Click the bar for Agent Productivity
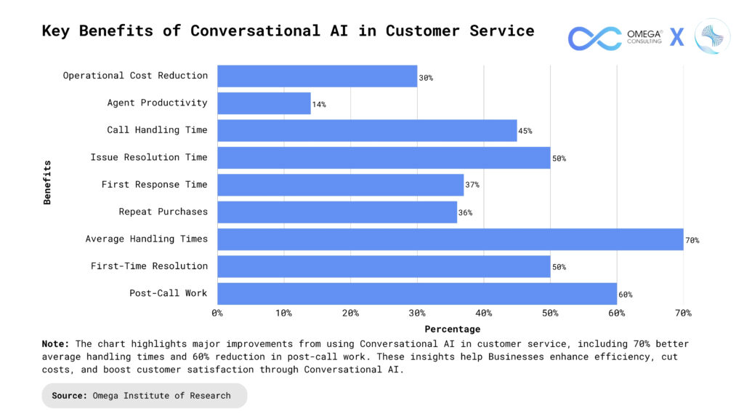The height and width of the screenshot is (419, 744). (264, 103)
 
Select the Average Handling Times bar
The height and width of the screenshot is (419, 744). (450, 239)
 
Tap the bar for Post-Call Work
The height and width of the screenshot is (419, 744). (416, 293)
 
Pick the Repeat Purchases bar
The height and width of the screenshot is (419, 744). (337, 212)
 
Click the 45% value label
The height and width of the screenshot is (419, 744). (525, 132)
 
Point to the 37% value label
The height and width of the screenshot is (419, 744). (472, 185)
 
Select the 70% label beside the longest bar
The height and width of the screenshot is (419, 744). (692, 240)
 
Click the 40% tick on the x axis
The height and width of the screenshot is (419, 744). (483, 313)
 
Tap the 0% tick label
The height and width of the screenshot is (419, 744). (217, 313)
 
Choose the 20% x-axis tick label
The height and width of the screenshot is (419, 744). (350, 313)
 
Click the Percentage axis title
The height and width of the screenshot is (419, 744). (452, 329)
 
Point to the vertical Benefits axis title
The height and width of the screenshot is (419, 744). (47, 183)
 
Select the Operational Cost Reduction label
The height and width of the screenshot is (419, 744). (135, 76)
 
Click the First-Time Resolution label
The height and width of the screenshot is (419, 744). (149, 266)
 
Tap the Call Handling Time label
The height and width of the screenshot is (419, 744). (157, 130)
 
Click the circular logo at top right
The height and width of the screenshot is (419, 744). (711, 36)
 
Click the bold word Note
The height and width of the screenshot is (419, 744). (55, 343)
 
